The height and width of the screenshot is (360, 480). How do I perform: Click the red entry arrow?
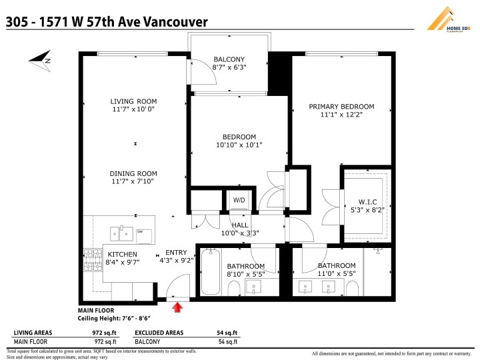[177, 307]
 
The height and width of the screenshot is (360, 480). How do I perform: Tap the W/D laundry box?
[239, 200]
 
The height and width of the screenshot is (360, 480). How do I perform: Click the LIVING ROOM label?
[133, 102]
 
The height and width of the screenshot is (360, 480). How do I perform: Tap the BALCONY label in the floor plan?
[229, 59]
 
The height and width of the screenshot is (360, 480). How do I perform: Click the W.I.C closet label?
[367, 202]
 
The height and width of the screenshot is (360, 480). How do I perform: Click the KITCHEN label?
[122, 254]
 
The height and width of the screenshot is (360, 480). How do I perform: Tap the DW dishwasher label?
[140, 232]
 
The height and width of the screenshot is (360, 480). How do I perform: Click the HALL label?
[239, 225]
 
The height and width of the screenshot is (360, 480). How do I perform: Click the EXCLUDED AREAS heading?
[163, 333]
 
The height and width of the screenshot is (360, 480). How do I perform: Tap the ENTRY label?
[176, 253]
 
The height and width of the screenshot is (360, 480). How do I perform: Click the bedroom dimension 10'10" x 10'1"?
[239, 145]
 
